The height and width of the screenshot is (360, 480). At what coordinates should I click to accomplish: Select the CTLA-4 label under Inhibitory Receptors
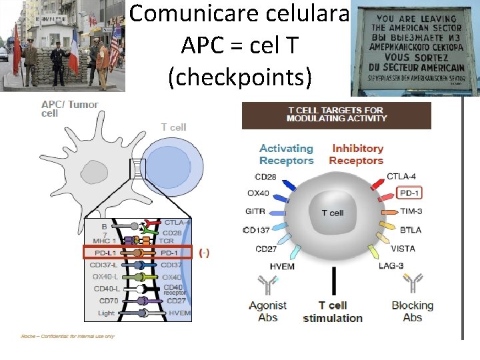[x=402, y=177]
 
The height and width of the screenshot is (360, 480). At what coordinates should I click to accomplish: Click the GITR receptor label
[x=255, y=212]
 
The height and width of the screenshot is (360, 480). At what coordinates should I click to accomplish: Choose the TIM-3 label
[x=411, y=211]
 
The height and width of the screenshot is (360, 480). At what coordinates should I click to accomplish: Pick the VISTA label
[x=403, y=249]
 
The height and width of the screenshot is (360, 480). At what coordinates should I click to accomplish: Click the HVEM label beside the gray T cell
[x=282, y=266]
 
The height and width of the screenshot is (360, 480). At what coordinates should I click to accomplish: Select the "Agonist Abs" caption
[x=267, y=311]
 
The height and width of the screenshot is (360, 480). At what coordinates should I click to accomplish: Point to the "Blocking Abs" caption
[x=412, y=311]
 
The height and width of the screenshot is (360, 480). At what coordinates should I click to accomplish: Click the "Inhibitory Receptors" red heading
[x=357, y=154]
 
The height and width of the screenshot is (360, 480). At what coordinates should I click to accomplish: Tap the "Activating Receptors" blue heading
[x=286, y=154]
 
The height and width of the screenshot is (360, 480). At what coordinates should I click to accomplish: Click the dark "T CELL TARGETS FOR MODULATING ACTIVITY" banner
[x=336, y=115]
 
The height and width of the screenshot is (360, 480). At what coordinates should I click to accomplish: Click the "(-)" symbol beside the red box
[x=205, y=253]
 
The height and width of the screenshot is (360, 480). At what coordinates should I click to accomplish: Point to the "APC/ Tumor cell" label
[x=69, y=109]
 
